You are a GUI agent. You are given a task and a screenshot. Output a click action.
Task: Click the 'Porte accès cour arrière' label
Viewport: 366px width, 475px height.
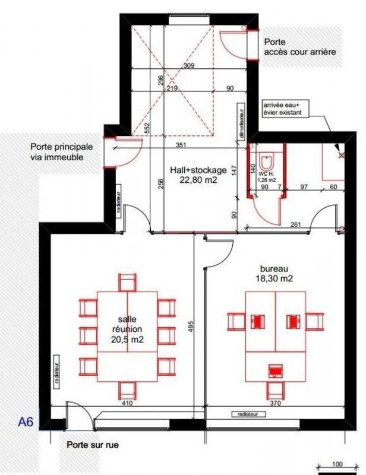tap(299, 47)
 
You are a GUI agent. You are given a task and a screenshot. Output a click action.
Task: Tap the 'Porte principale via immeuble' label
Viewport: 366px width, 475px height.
tap(62, 151)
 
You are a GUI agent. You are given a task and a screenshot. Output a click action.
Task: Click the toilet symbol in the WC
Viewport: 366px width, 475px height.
tap(267, 162)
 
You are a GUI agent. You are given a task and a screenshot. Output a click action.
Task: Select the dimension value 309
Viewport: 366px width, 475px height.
tap(189, 65)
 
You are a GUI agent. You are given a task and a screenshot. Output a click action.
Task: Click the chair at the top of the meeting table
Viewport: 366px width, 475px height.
tap(127, 282)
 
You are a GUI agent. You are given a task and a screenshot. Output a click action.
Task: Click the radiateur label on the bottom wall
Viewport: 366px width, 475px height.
tap(246, 414)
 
